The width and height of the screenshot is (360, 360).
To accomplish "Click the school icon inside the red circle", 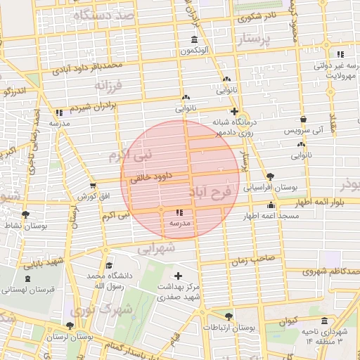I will (179, 212).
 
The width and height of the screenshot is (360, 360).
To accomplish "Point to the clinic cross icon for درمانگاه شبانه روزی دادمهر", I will (234, 111).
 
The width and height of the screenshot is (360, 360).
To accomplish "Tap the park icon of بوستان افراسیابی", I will (271, 176).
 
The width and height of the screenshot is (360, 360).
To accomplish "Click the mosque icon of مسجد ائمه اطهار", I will (271, 205).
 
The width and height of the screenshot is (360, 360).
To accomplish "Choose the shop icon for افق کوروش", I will (93, 185).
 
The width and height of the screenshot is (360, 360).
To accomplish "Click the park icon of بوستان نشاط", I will (26, 214).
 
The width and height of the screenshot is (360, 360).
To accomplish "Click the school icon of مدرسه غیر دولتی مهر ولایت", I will (340, 54).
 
